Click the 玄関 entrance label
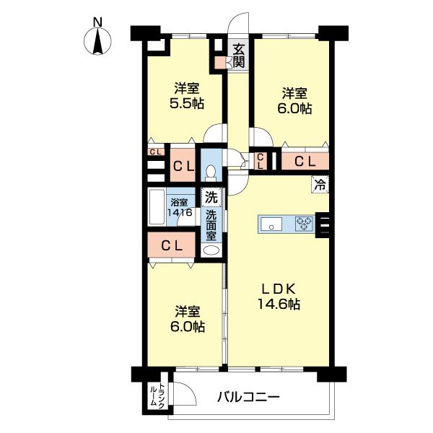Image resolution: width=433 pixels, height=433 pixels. point(239,56)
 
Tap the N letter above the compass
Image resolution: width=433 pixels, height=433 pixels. point(97,22)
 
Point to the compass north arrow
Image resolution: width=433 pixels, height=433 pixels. point(97,41)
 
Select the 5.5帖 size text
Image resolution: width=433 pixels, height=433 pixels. point(187,104)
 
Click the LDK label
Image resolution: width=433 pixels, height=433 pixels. point(279,289)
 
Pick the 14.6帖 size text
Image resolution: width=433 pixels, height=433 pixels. point(279,304)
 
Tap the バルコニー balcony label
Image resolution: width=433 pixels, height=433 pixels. point(248,398)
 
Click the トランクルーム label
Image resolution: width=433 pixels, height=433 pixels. point(157,395)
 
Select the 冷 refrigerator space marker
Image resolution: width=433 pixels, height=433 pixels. point(320,184)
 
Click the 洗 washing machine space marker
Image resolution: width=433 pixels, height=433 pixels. point(211,197)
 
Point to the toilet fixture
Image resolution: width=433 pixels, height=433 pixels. point(211,173)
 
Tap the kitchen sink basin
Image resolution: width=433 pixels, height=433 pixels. point(271,224)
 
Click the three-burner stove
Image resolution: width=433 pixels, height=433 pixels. point(304,224)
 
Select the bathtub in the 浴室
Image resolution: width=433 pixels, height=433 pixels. point(157,207)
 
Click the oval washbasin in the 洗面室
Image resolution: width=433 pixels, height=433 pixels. point(211,250)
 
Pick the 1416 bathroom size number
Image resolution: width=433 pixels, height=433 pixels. point(180,212)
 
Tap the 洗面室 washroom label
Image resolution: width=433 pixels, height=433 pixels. point(211,225)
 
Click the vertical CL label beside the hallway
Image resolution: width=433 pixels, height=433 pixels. point(261,161)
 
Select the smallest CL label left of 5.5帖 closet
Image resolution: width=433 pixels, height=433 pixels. point(155,152)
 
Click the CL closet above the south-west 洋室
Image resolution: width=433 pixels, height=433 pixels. point(172,245)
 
